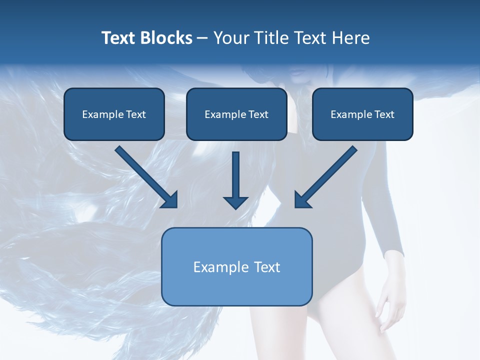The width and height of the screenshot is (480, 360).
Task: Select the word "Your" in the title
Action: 229,38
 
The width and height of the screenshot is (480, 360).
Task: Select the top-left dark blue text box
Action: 114,114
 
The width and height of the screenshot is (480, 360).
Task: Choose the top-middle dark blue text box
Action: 236,114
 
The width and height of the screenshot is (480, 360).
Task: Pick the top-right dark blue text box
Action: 362,114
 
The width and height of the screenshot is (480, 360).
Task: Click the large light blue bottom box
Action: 236,266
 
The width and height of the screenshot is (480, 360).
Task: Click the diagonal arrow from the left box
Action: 147,177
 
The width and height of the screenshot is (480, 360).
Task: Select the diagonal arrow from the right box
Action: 325,177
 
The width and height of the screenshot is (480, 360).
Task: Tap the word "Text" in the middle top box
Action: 258,114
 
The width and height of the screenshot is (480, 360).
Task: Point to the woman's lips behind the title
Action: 298,72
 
